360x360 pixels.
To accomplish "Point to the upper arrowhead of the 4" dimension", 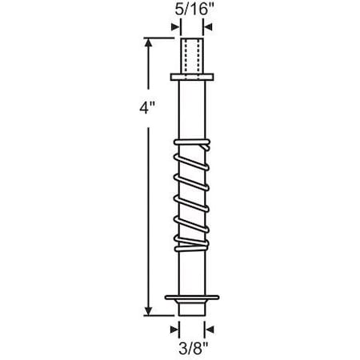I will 148,42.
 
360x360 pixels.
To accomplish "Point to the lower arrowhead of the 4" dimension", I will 148,313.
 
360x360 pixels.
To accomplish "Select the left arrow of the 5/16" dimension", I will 175,26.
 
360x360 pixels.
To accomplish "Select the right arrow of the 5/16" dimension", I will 206,26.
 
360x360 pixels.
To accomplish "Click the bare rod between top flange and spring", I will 191,108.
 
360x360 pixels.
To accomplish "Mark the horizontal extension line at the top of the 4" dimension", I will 160,37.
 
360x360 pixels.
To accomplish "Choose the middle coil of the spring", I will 191,192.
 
